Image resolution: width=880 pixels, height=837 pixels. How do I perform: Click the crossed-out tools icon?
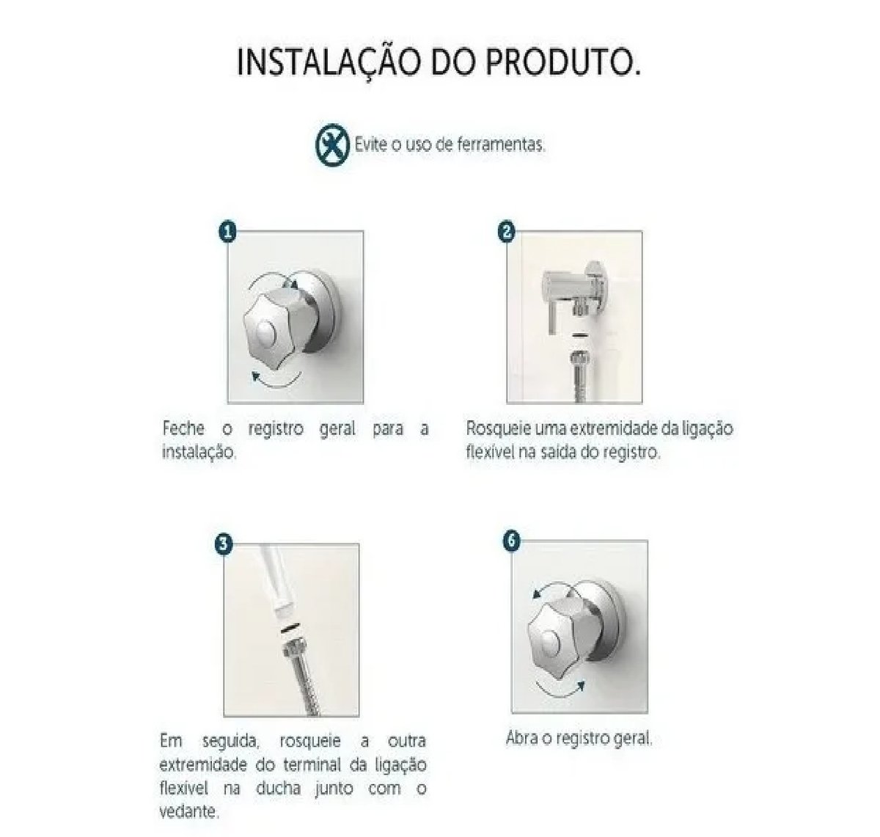[331, 145]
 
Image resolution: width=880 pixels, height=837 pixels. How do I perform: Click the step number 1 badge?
[227, 232]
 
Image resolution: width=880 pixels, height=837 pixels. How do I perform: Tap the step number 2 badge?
[507, 232]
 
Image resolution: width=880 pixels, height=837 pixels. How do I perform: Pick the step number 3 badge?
[224, 544]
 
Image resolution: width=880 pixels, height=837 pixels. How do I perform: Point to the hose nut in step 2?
[580, 359]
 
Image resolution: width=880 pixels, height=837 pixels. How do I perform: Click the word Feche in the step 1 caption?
[183, 429]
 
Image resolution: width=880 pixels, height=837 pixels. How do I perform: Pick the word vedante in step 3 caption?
[189, 811]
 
